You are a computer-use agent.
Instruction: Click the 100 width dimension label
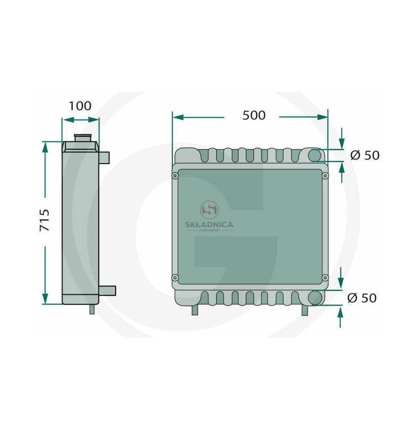pyautogui.click(x=80, y=106)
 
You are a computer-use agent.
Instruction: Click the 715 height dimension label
pyautogui.click(x=44, y=220)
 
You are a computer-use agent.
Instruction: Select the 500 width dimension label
pyautogui.click(x=254, y=115)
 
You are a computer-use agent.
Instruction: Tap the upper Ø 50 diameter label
pyautogui.click(x=365, y=155)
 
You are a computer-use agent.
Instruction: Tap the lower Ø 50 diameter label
pyautogui.click(x=362, y=298)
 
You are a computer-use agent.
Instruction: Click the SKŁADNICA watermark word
pyautogui.click(x=209, y=224)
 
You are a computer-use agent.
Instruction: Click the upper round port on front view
pyautogui.click(x=314, y=155)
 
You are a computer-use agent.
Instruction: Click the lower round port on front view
pyautogui.click(x=314, y=298)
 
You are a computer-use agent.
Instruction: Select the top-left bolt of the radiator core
pyautogui.click(x=175, y=175)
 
